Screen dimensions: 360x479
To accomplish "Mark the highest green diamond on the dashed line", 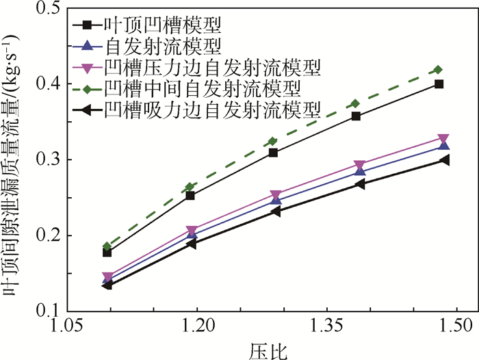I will pos(439,70).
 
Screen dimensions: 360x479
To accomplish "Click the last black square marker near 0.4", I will pos(439,84).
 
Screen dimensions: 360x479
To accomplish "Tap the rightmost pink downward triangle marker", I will pos(443,139).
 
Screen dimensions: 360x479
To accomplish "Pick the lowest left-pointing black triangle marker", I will pos(107,285).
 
